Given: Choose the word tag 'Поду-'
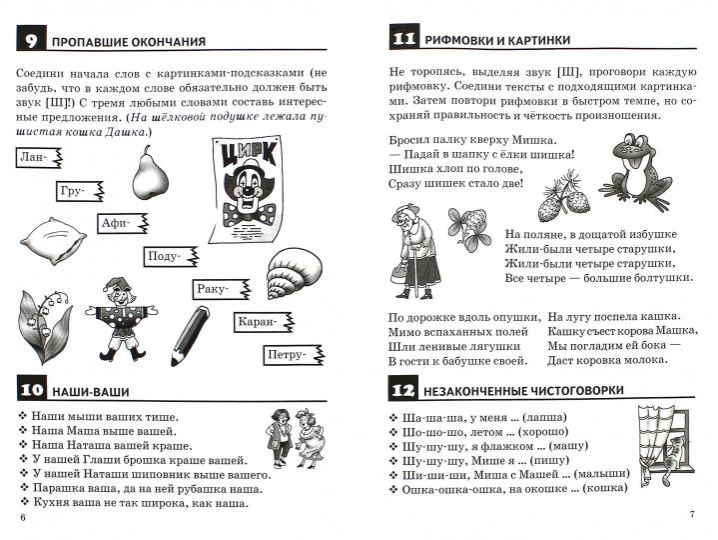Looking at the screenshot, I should click(x=168, y=257).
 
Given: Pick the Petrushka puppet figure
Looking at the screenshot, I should click(x=123, y=319).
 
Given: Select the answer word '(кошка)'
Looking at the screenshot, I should click(x=603, y=488).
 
